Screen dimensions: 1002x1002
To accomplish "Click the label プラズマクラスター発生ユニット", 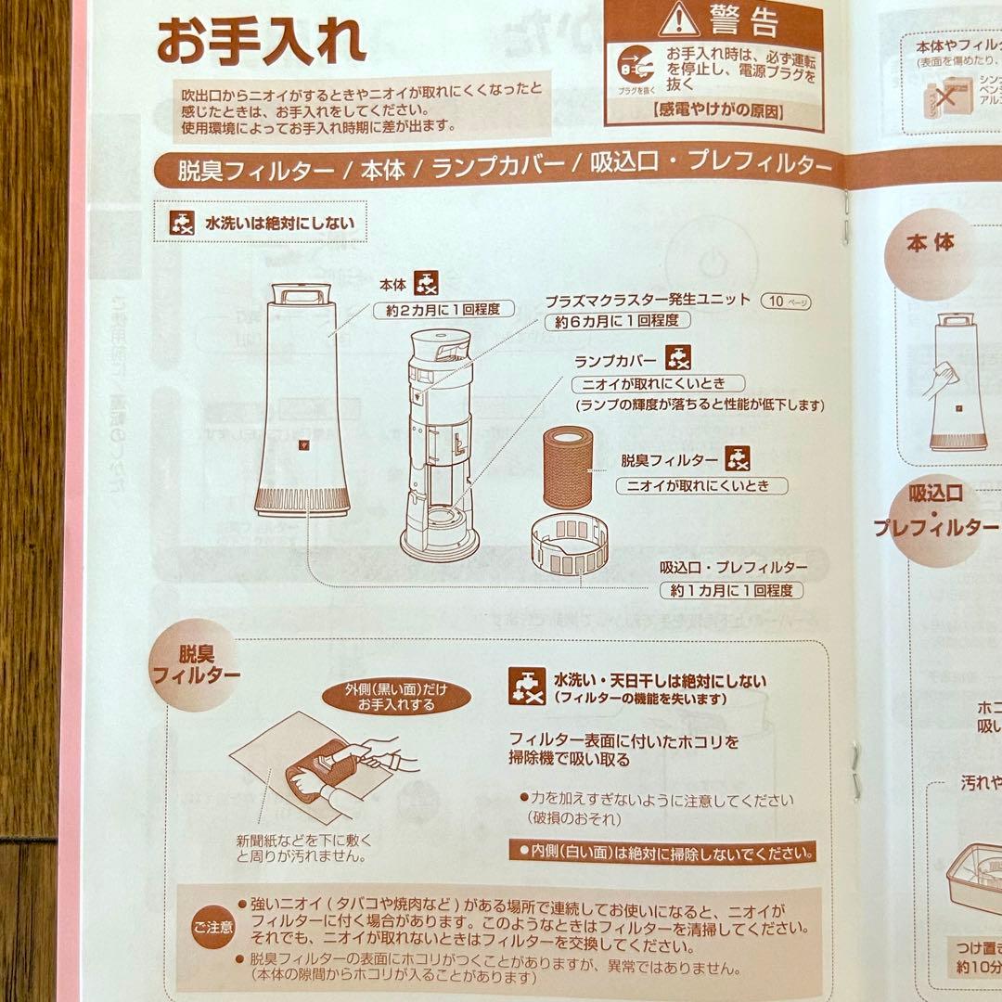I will pyautogui.click(x=647, y=301).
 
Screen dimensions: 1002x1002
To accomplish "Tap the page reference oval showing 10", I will pyautogui.click(x=783, y=301).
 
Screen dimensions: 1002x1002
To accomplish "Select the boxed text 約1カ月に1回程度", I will pyautogui.click(x=731, y=590).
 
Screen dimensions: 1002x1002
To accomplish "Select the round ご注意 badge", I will pyautogui.click(x=213, y=925).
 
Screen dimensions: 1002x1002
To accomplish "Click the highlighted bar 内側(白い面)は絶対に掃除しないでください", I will pyautogui.click(x=662, y=850).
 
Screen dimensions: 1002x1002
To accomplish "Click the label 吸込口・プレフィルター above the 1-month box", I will pyautogui.click(x=733, y=567).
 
